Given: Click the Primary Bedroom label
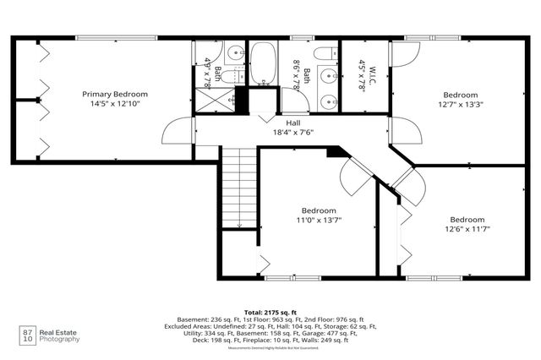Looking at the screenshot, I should click(115, 94).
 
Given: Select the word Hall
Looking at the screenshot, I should click(293, 123).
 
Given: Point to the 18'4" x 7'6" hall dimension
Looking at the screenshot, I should click(293, 133).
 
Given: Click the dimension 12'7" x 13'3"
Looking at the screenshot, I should click(462, 105).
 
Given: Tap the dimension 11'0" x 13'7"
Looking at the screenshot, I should click(319, 220).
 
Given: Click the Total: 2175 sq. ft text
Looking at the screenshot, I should click(270, 312).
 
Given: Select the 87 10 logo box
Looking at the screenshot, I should click(27, 335).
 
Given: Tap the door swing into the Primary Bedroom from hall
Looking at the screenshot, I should click(179, 131).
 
